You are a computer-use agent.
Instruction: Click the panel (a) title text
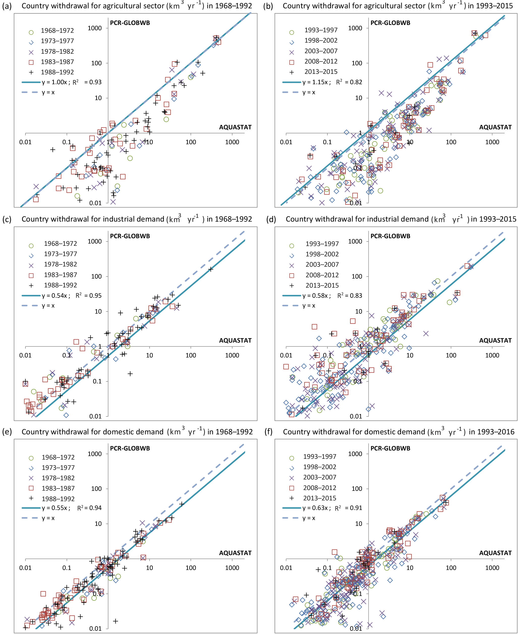(137, 6)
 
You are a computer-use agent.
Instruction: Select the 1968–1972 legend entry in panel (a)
(57, 31)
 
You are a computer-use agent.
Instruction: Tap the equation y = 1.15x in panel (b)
(316, 82)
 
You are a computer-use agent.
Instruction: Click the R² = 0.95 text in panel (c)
(88, 296)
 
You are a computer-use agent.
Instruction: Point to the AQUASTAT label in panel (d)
(495, 340)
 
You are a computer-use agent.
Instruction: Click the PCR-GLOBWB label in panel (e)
(130, 448)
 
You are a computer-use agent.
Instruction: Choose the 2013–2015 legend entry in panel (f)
(319, 498)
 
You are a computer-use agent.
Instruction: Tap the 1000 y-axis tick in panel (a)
(95, 28)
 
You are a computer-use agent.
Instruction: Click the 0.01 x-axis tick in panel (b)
(286, 142)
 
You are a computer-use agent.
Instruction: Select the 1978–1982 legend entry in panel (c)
(60, 264)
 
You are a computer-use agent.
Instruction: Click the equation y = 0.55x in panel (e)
(56, 508)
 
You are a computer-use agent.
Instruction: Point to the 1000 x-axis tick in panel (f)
(492, 568)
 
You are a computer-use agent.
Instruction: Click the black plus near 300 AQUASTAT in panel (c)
(211, 269)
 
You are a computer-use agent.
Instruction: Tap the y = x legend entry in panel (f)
(309, 518)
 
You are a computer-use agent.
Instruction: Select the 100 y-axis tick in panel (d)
(357, 277)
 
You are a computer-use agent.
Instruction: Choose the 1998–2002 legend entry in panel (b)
(321, 41)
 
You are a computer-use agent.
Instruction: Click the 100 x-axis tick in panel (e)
(191, 568)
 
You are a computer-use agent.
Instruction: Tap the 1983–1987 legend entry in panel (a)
(57, 62)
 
